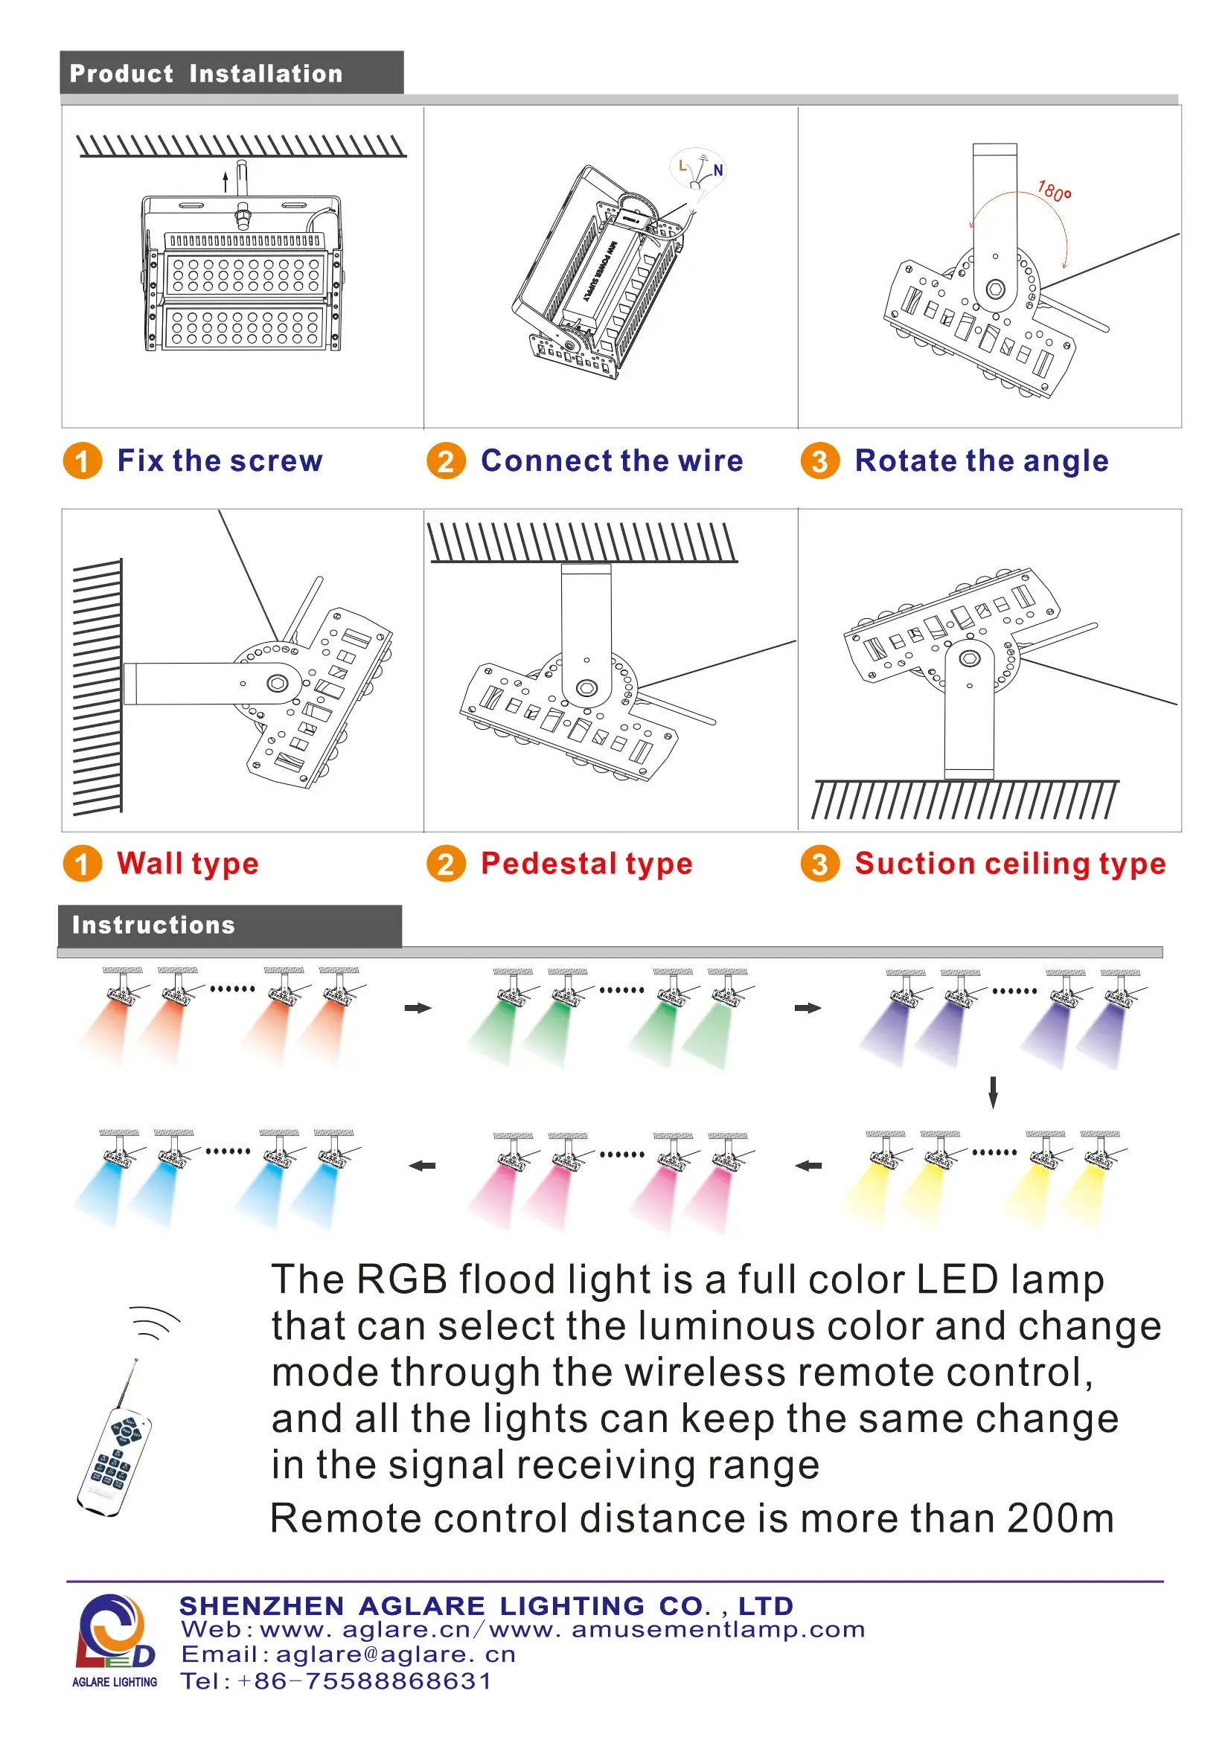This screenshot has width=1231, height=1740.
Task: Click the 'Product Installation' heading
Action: click(205, 74)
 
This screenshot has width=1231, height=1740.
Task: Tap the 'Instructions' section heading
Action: click(153, 925)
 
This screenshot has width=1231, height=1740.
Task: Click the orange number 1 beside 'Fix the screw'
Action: click(82, 460)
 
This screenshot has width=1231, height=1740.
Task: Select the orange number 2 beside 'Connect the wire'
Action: click(446, 460)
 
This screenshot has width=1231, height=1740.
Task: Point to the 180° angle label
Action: click(1054, 191)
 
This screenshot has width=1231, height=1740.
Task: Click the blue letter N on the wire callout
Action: click(717, 170)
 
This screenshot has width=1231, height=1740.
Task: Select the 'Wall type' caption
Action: click(188, 864)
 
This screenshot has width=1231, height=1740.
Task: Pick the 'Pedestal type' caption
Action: click(586, 864)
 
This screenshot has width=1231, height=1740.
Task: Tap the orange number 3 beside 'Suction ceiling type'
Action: click(819, 864)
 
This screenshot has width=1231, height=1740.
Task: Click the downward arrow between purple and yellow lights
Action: click(993, 1092)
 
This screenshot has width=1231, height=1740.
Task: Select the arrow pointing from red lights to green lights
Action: click(418, 1008)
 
